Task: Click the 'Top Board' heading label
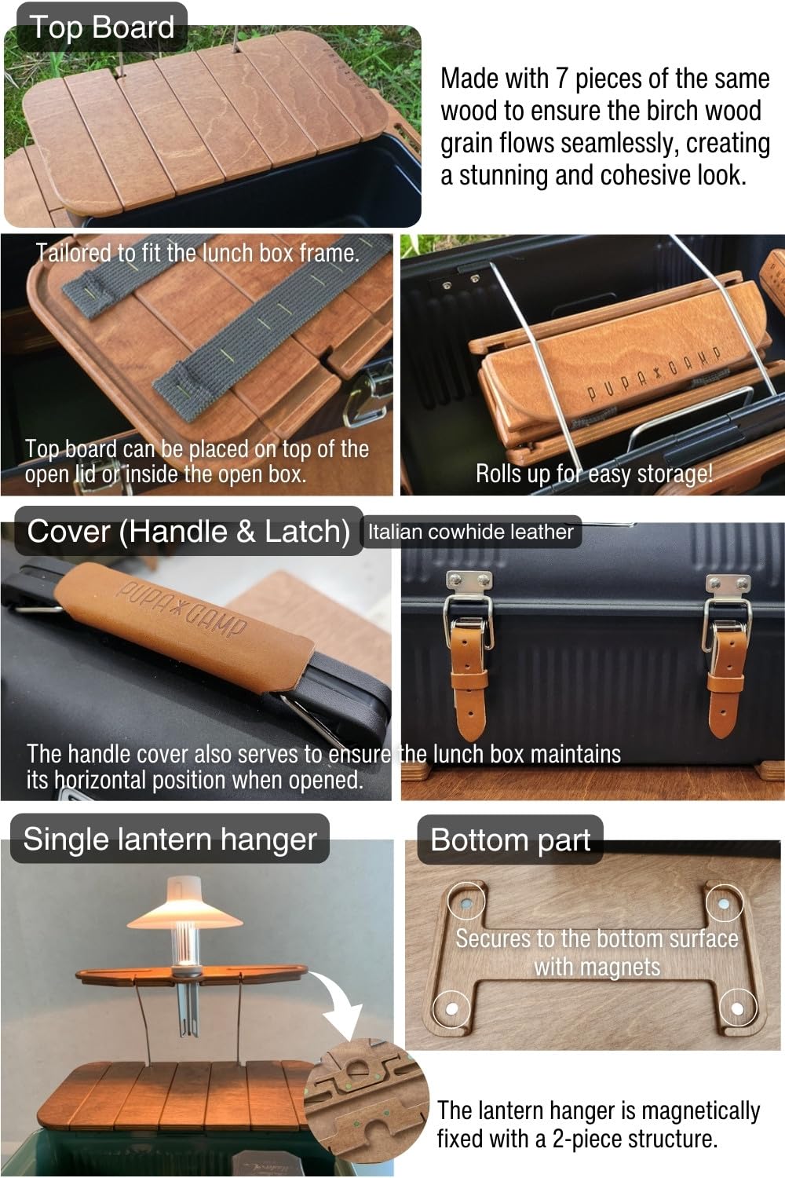pos(101,27)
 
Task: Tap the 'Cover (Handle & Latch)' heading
pos(188,532)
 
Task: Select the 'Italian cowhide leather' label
pos(470,532)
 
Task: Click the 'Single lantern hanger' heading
pos(170,839)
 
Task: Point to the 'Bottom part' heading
pos(510,840)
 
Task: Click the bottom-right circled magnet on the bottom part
pos(738,1008)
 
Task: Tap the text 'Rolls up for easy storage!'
pos(594,474)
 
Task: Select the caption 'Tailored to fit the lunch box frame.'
pos(197,253)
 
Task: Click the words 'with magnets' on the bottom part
pos(597,966)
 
